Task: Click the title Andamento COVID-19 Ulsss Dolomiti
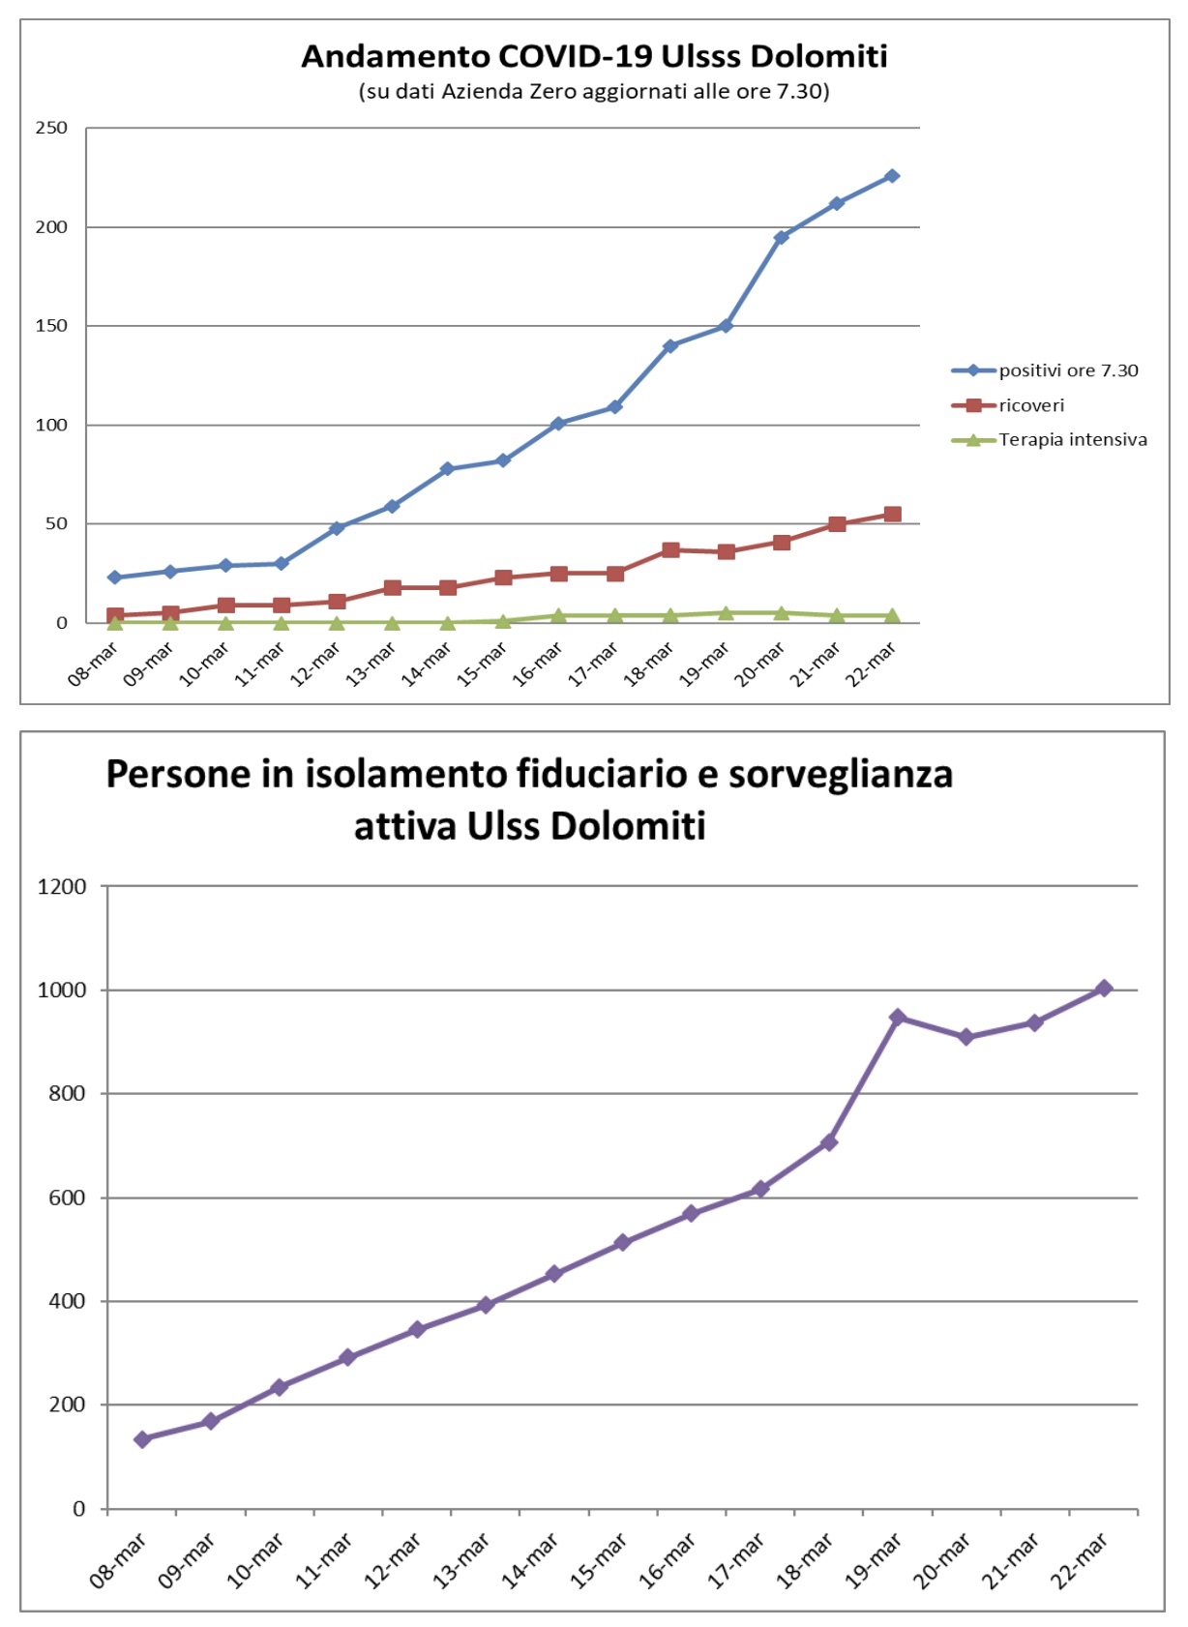594,56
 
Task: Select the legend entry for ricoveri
1031,405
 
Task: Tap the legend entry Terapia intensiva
1072,440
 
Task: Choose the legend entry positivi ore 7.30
1068,370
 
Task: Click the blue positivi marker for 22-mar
892,176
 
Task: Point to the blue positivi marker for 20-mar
782,237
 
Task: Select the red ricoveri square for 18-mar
670,549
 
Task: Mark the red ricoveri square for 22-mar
892,515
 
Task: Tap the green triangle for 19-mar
727,612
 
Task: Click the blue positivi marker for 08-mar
115,577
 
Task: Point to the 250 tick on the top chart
52,128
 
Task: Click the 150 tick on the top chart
52,326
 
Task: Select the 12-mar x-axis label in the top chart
316,664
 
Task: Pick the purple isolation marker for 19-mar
898,1017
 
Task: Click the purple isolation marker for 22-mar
1104,988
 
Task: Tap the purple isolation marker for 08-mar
142,1439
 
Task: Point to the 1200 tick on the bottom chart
62,886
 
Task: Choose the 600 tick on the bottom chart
68,1198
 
